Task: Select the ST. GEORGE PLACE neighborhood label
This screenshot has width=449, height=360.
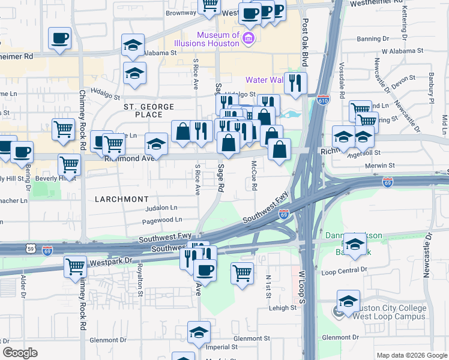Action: pyautogui.click(x=149, y=110)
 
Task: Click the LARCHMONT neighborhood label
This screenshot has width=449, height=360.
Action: pyautogui.click(x=121, y=198)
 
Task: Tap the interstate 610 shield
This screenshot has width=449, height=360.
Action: pyautogui.click(x=323, y=98)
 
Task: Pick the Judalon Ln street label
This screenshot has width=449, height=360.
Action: pyautogui.click(x=161, y=208)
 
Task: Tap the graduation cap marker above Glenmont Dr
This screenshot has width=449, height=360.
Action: pyautogui.click(x=199, y=331)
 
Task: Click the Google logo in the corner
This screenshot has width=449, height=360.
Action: pyautogui.click(x=20, y=353)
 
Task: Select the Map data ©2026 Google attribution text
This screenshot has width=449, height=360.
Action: pyautogui.click(x=412, y=355)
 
